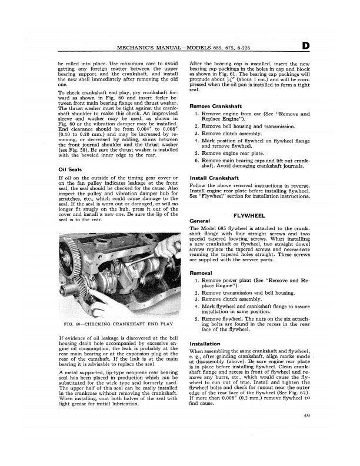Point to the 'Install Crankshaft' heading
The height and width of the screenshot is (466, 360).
[x=214, y=177]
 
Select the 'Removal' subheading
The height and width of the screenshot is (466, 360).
[x=202, y=274]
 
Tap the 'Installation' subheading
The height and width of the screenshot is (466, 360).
[x=205, y=343]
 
